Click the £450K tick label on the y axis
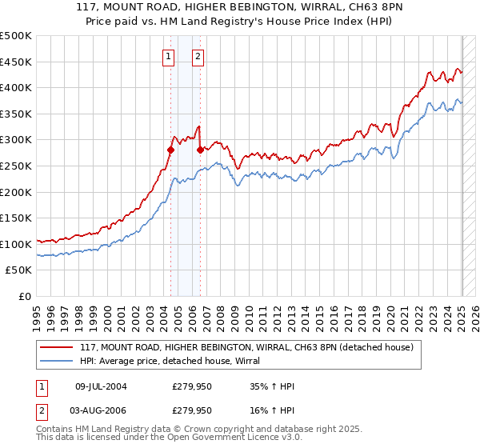pos(16,62)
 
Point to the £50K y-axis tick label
pos(19,270)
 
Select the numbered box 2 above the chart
pos(198,56)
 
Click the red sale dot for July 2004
pos(170,150)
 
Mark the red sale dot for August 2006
pos(199,150)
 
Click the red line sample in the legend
pos(57,347)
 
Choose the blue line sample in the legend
pos(57,361)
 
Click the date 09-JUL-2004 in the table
pos(101,386)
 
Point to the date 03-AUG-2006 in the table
pos(101,410)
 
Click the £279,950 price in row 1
pos(192,386)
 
